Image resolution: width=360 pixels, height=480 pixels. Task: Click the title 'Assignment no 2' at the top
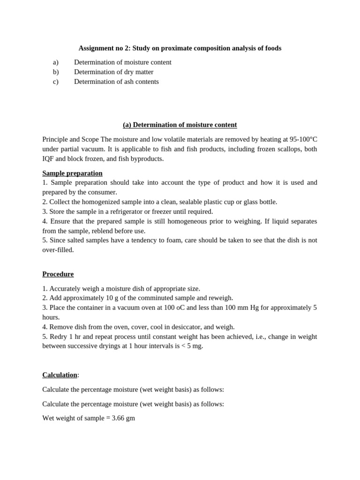(103, 48)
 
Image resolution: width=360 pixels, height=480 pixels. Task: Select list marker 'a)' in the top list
(56, 62)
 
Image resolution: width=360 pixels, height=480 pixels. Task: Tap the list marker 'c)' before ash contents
(56, 82)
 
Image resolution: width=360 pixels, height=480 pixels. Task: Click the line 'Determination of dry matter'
(113, 72)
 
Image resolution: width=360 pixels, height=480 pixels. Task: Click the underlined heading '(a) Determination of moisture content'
(180, 125)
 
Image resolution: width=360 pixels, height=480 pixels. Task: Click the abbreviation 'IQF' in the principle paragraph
(49, 158)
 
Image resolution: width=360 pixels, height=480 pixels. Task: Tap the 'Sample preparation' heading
(72, 173)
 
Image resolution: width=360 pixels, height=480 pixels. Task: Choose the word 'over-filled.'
(58, 250)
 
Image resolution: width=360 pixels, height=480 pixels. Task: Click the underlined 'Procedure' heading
(58, 274)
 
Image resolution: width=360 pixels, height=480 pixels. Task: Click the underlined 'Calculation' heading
(60, 375)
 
